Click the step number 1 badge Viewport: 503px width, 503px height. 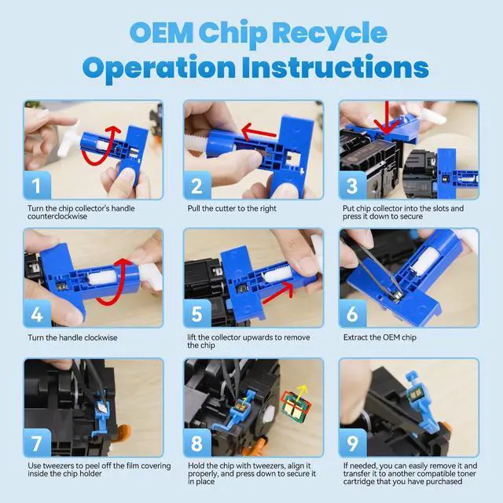coord(37,185)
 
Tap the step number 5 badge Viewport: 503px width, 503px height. coord(197,314)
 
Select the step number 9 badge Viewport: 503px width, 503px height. coord(353,442)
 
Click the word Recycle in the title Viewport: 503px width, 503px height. coord(332,33)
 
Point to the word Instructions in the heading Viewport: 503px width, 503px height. coord(335,67)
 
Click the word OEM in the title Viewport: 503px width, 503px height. coord(162,32)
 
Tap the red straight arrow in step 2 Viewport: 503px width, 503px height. coord(259,132)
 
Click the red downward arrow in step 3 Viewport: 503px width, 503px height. coord(387,118)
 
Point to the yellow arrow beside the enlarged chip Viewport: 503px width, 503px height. coord(302,394)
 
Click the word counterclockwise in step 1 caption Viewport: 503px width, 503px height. coord(57,217)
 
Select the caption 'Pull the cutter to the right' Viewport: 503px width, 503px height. coord(232,208)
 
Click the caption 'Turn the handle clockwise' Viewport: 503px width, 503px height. coord(72,337)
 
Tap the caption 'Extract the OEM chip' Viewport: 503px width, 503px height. coord(380,337)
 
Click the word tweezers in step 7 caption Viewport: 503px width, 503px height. coord(59,466)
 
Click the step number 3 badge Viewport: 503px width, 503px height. coord(353,185)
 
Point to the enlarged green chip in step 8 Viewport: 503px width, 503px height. coord(295,407)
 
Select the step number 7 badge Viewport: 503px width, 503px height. coord(37,442)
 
